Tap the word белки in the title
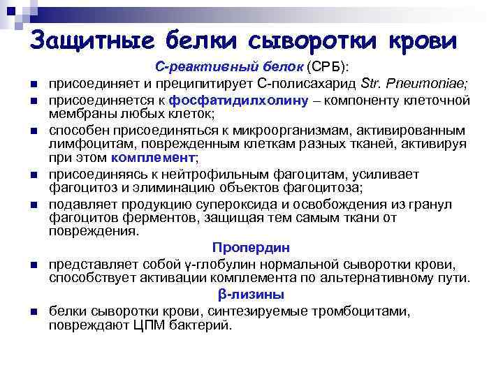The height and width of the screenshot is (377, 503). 197,39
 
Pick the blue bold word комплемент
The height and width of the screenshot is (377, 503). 153,157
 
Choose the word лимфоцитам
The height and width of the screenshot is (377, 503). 83,144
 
